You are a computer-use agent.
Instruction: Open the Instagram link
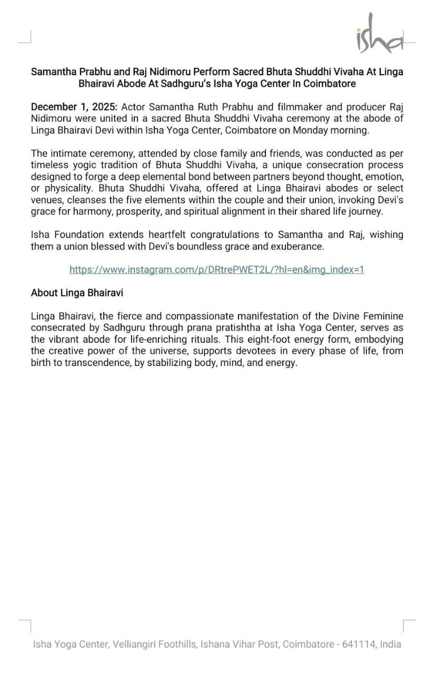click(217, 270)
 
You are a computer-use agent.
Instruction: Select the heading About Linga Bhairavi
click(77, 292)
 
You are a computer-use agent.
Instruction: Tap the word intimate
click(67, 154)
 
